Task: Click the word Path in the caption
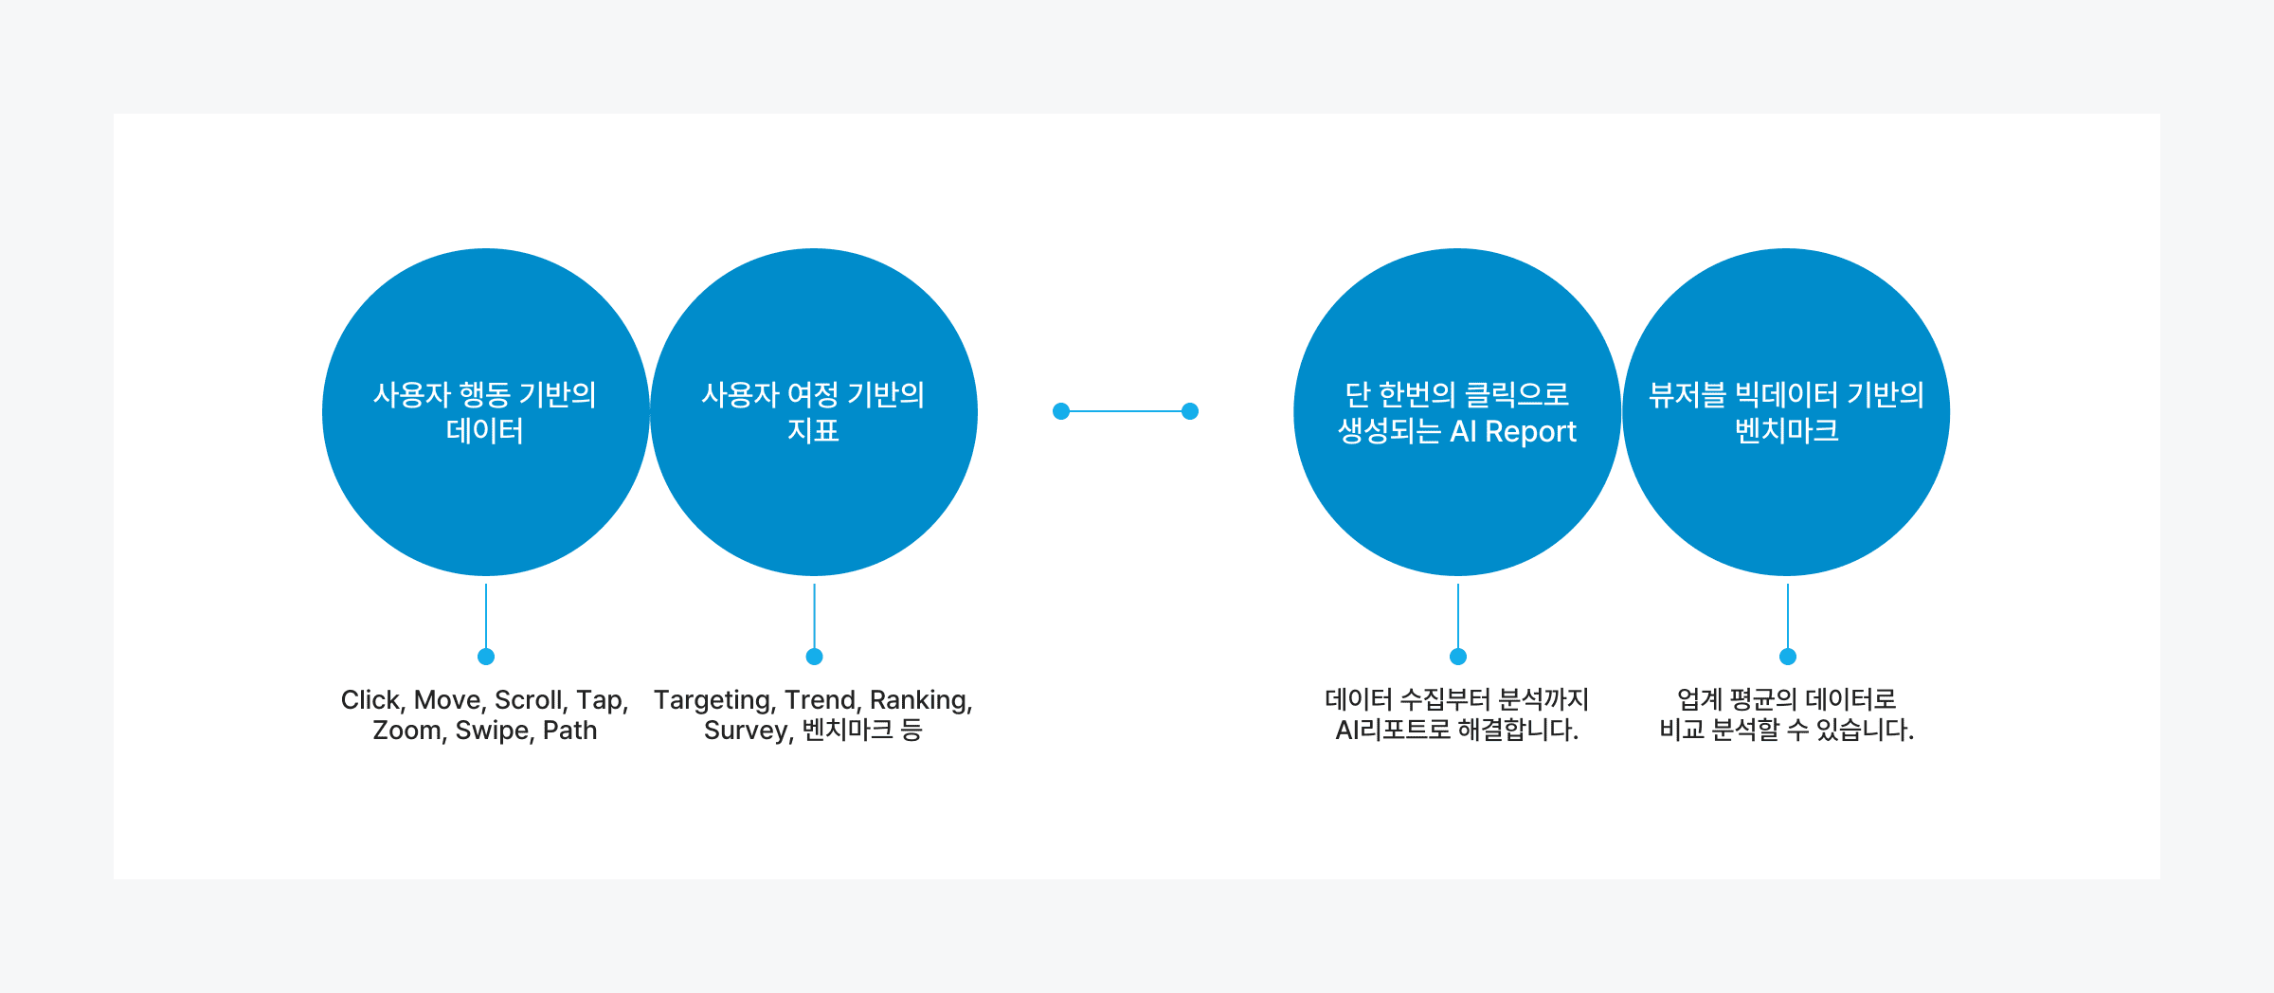pyautogui.click(x=569, y=731)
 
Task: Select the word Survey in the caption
pyautogui.click(x=748, y=731)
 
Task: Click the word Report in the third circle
pyautogui.click(x=1530, y=432)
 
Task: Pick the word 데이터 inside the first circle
pyautogui.click(x=484, y=431)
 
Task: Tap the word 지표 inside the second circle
pyautogui.click(x=813, y=431)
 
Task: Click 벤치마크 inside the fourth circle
pyautogui.click(x=1786, y=431)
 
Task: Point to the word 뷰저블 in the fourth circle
pyautogui.click(x=1687, y=395)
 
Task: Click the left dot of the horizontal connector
pyautogui.click(x=1061, y=411)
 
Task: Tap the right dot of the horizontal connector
pyautogui.click(x=1190, y=411)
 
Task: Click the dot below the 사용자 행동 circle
pyautogui.click(x=486, y=657)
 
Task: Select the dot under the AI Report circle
pyautogui.click(x=1458, y=657)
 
